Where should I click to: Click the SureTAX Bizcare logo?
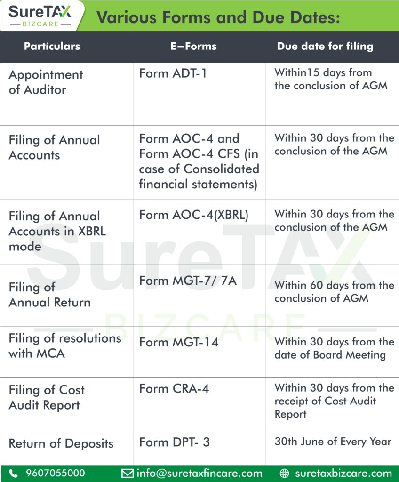(40, 16)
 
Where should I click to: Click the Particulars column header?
(52, 46)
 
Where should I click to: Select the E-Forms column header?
(193, 46)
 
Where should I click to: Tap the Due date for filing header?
(325, 46)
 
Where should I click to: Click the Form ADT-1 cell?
(173, 73)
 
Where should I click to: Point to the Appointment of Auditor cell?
(46, 82)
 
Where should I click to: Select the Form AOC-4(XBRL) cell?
(193, 215)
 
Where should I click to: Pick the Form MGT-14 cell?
(179, 342)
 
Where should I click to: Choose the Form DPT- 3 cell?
(174, 442)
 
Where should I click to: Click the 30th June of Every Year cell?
(333, 442)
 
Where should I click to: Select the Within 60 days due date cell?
(334, 291)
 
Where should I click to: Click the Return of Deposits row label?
(61, 443)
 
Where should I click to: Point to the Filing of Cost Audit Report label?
(47, 397)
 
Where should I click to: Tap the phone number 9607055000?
(56, 473)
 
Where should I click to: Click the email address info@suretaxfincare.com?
(199, 473)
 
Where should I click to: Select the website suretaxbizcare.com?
(343, 473)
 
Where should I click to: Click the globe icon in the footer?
(284, 473)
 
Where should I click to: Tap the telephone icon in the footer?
(14, 473)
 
